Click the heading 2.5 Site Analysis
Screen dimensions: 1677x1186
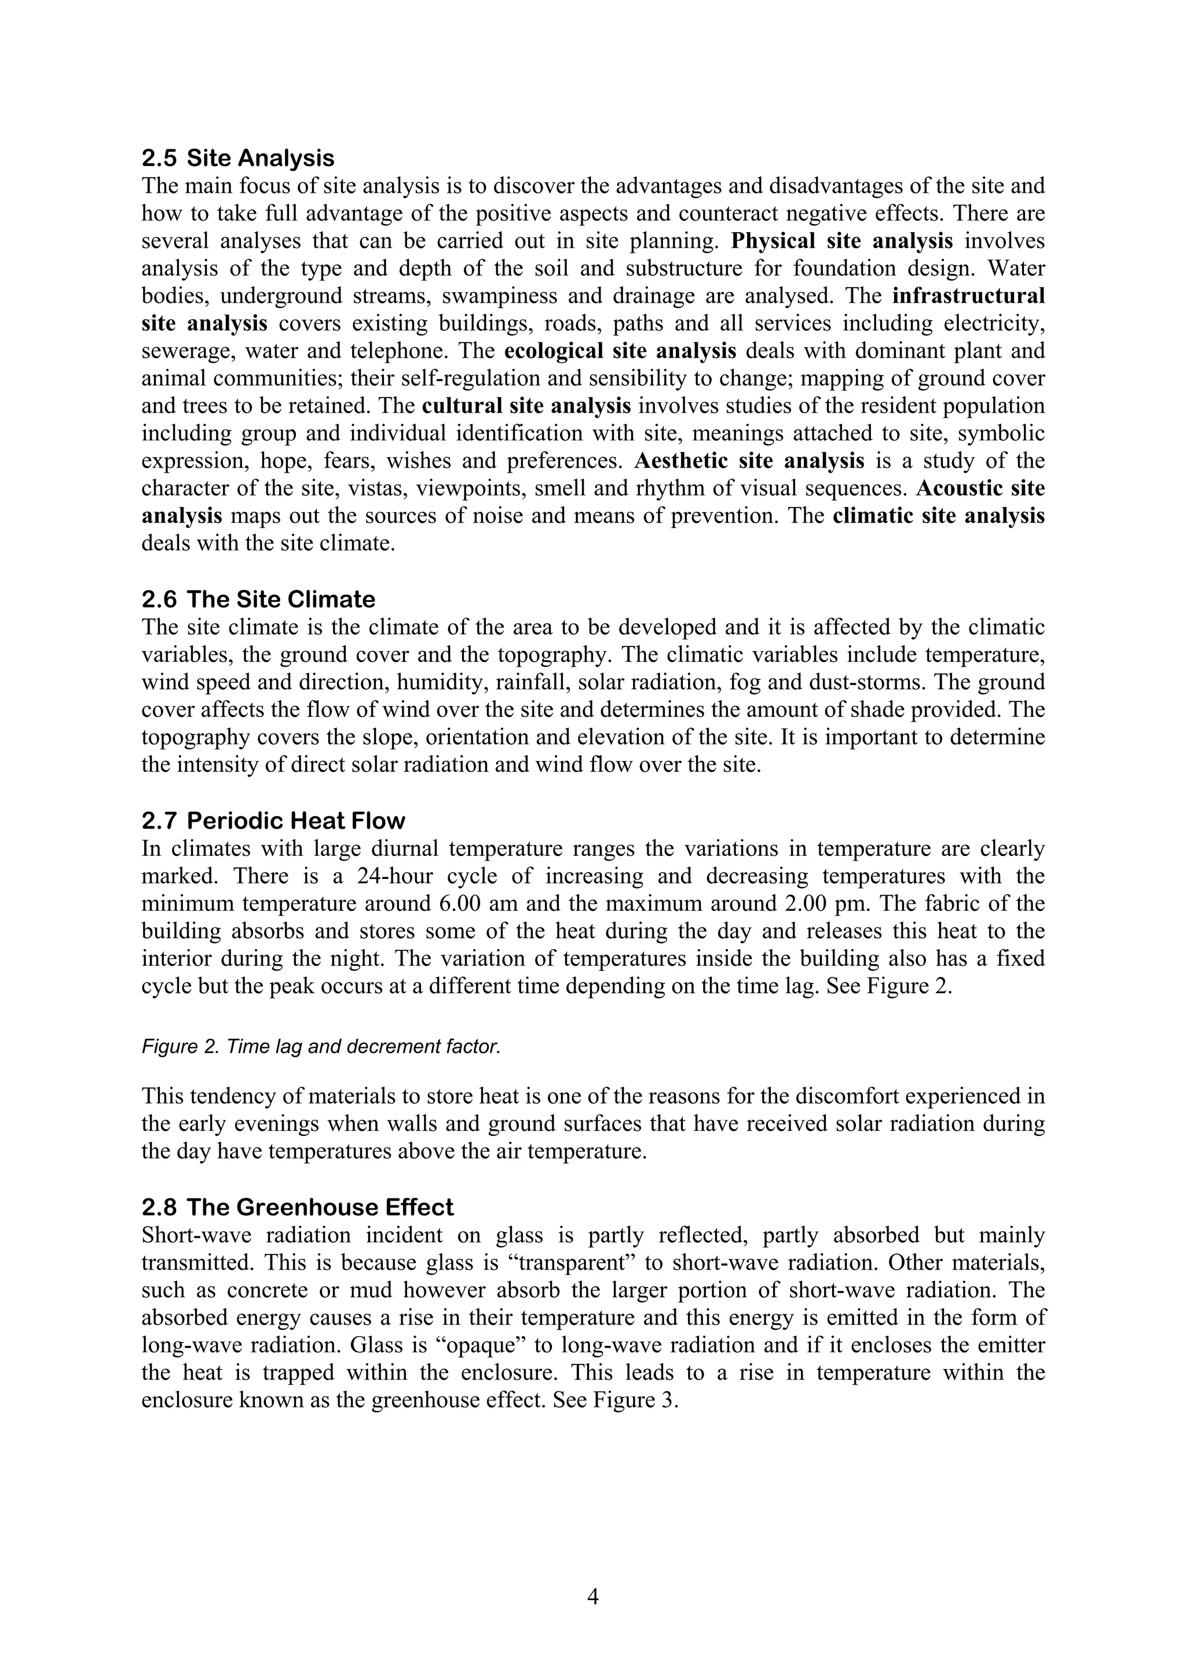237,158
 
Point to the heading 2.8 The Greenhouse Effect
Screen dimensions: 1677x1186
298,1207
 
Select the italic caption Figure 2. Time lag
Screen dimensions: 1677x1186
321,1047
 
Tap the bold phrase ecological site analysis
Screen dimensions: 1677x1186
620,351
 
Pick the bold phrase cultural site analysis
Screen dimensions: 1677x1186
526,406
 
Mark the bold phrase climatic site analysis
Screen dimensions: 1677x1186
938,516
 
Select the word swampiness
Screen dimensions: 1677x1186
488,296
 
